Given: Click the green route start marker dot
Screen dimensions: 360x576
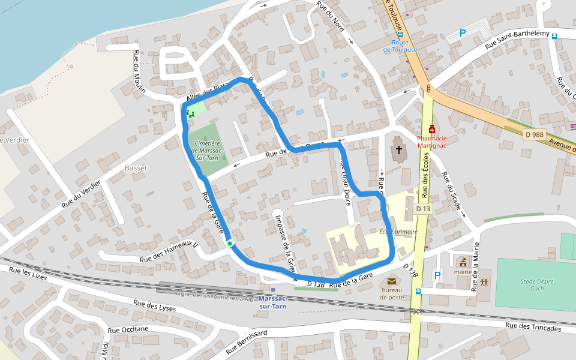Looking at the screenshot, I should click(x=230, y=243).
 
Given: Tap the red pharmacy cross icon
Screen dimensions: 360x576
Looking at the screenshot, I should click(x=432, y=128).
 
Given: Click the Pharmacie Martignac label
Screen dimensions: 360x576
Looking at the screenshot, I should click(x=432, y=142).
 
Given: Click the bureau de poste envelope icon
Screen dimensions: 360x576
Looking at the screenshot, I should click(x=392, y=281).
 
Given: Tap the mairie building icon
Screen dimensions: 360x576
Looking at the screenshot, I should click(x=463, y=262).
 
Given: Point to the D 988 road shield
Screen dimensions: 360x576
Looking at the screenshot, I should click(x=533, y=134).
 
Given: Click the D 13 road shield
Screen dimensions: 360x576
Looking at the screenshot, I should click(x=423, y=209).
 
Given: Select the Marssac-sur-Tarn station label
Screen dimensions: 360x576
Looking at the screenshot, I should click(x=272, y=302).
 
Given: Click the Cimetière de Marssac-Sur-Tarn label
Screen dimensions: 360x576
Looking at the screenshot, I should click(x=208, y=151).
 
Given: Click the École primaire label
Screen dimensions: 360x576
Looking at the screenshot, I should click(x=398, y=232).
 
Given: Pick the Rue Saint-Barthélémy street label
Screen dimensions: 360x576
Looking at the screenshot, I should click(x=517, y=40).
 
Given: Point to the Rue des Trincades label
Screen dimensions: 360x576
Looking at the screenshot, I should click(x=533, y=328).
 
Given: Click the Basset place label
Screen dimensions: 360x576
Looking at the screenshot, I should click(x=136, y=168).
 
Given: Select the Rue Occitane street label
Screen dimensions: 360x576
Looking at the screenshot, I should click(x=128, y=329).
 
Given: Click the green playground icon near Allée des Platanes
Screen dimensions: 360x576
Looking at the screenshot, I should click(x=190, y=113).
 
